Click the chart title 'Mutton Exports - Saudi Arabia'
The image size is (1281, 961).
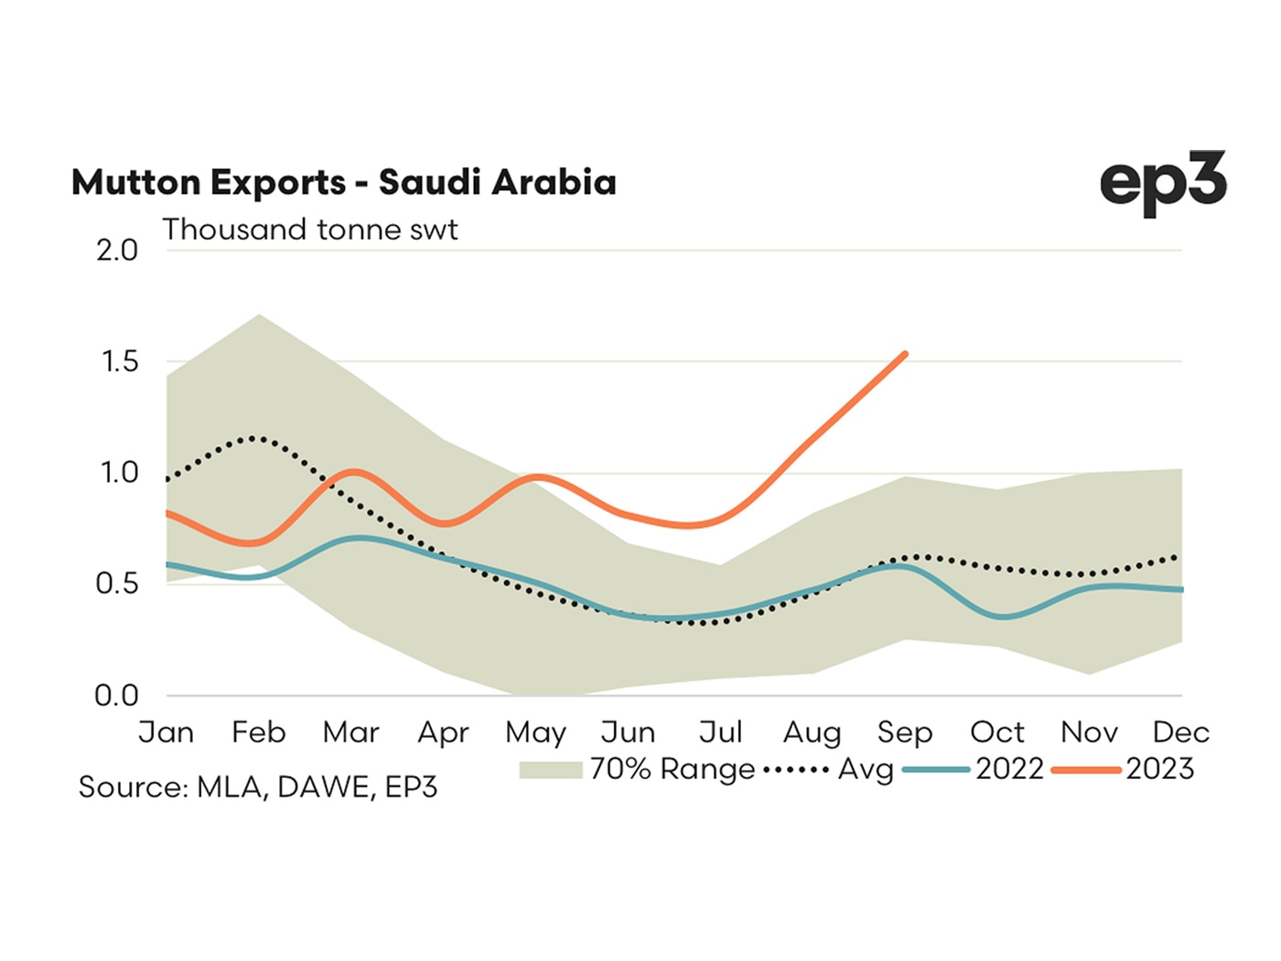click(x=343, y=183)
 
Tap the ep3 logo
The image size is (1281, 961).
click(x=1162, y=184)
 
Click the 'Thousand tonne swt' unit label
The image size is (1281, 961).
click(x=309, y=230)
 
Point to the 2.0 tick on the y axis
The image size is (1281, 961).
click(x=117, y=251)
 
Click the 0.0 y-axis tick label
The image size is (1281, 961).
click(x=117, y=696)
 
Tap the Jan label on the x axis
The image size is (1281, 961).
click(x=167, y=732)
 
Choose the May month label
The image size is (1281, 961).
click(x=535, y=732)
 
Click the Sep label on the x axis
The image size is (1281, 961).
click(x=904, y=732)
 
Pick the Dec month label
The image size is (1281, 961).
click(x=1180, y=732)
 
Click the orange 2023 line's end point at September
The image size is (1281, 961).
click(x=905, y=354)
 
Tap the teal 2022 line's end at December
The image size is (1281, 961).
click(x=1181, y=590)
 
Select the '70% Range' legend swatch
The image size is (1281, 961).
click(x=550, y=770)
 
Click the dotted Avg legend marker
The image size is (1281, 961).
click(x=795, y=770)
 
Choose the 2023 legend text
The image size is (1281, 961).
click(x=1159, y=769)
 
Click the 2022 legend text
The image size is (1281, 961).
click(x=1009, y=769)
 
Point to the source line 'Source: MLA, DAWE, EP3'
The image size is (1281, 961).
click(x=258, y=787)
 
